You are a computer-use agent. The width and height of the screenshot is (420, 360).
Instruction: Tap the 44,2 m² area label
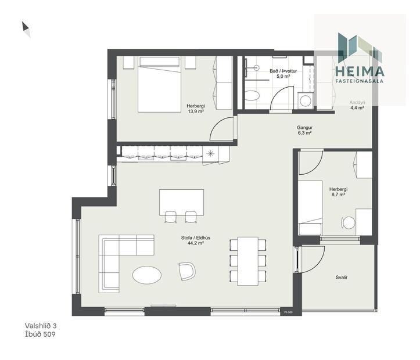(x=195, y=243)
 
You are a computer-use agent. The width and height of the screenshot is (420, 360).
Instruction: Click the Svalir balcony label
(x=342, y=278)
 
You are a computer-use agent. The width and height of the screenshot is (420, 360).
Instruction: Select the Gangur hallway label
(x=304, y=127)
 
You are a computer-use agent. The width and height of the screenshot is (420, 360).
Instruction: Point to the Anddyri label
(x=357, y=102)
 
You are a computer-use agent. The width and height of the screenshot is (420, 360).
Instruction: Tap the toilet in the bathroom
(x=252, y=95)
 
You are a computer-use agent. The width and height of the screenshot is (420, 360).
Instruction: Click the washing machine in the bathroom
(x=306, y=99)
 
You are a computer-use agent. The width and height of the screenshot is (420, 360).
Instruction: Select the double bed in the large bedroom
(x=160, y=84)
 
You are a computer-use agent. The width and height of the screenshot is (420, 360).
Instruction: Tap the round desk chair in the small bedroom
(x=348, y=222)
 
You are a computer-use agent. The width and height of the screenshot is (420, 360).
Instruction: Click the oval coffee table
(x=146, y=275)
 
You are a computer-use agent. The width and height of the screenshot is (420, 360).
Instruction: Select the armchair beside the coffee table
(x=187, y=271)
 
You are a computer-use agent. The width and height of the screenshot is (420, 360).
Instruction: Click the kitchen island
(x=181, y=201)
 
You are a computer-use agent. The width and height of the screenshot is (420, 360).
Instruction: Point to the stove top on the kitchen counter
(x=210, y=153)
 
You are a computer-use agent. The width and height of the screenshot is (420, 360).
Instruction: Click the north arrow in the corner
(x=26, y=29)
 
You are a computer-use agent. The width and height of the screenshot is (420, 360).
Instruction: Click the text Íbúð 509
(x=40, y=334)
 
